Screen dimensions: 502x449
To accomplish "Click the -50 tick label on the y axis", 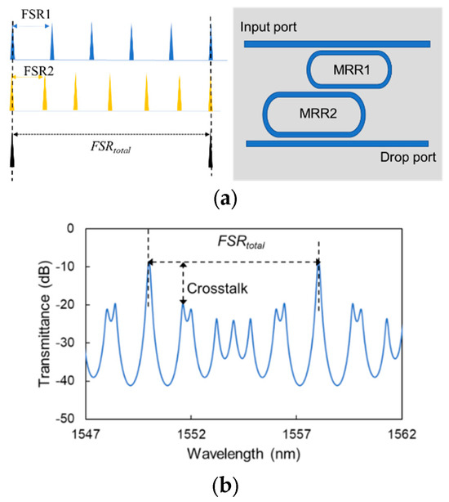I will click(64, 418).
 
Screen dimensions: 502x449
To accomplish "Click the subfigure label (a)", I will click(223, 196).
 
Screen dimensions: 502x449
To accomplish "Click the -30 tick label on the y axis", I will click(64, 342).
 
